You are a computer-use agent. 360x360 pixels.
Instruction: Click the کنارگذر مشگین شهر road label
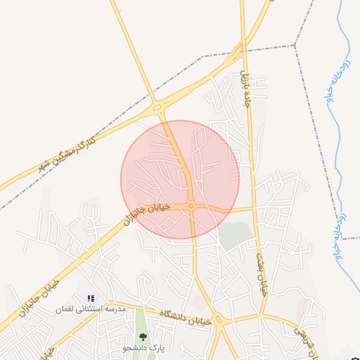pos(67,153)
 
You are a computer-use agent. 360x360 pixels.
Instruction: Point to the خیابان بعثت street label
pos(264,274)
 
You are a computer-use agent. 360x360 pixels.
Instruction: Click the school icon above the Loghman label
pos(91,298)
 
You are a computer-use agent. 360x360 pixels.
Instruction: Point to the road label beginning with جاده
pos(245,84)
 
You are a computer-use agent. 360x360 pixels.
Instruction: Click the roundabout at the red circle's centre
pos(191,206)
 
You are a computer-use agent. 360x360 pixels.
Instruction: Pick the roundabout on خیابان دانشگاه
pos(219,321)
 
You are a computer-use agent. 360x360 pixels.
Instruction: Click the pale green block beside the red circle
pos(235,235)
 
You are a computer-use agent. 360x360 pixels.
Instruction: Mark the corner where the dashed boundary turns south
pos(295,45)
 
